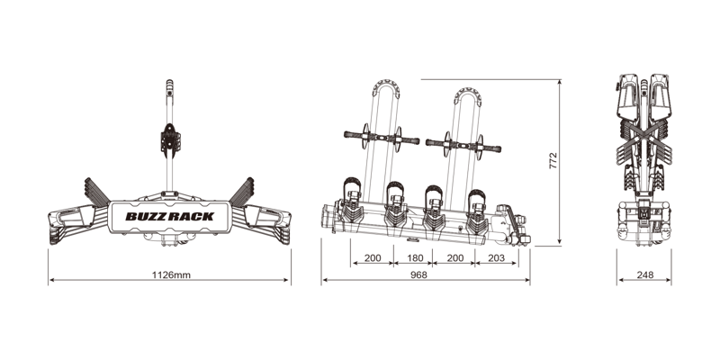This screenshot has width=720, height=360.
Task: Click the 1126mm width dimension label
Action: (x=169, y=274)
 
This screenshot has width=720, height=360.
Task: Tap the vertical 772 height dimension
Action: (x=553, y=160)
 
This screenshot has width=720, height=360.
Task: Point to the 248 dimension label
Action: (x=643, y=274)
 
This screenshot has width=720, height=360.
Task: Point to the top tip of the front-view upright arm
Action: (x=168, y=84)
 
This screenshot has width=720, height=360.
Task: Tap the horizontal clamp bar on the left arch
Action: (x=381, y=139)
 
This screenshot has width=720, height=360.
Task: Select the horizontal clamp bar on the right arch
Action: (x=461, y=140)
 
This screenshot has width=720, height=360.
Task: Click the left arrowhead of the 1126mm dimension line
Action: (x=51, y=281)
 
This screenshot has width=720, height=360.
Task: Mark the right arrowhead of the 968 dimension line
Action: (x=527, y=281)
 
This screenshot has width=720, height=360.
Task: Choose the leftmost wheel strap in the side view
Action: (x=351, y=194)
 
